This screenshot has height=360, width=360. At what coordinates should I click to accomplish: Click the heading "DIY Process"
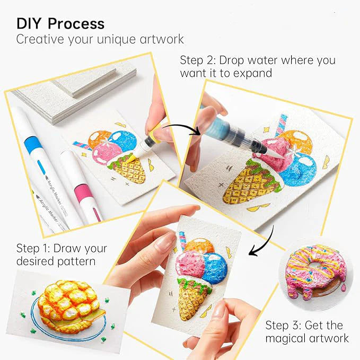point(60,23)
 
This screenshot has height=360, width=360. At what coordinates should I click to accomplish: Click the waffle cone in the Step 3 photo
point(190,300)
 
